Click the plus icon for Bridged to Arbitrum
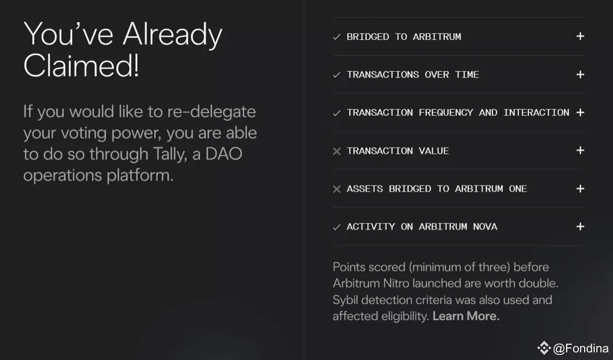(x=580, y=36)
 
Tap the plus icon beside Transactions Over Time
(x=580, y=74)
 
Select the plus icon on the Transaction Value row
(x=580, y=150)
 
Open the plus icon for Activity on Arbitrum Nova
(x=580, y=227)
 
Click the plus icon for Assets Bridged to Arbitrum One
(x=580, y=189)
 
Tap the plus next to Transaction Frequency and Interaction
(x=580, y=112)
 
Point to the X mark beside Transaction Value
(x=337, y=151)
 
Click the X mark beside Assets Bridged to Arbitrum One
(x=337, y=189)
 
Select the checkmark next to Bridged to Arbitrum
(x=337, y=37)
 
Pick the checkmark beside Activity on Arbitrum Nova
(x=337, y=227)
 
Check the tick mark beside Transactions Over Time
(x=337, y=75)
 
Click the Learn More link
(x=466, y=316)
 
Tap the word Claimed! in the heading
(x=81, y=66)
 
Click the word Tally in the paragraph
(x=170, y=154)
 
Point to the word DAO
(x=224, y=154)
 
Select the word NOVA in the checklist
(x=485, y=227)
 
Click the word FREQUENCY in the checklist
(x=446, y=113)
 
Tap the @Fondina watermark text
(x=581, y=348)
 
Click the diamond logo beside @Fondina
(x=544, y=348)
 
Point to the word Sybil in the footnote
(x=345, y=300)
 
